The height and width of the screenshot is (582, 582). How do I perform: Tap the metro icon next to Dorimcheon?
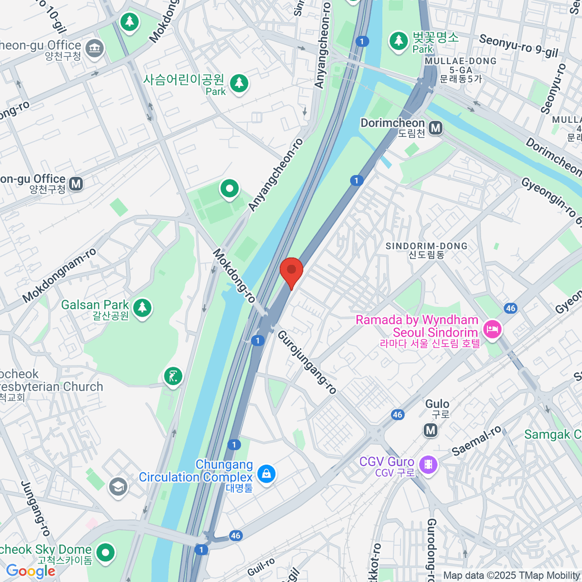(x=436, y=128)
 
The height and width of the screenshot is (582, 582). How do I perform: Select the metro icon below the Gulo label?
(x=430, y=430)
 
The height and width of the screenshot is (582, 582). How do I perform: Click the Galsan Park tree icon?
(x=142, y=307)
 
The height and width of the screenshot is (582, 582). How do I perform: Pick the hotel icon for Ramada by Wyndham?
(x=492, y=330)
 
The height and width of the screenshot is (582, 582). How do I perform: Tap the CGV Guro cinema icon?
(x=428, y=465)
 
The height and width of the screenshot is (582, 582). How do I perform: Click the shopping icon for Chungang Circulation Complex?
(x=266, y=473)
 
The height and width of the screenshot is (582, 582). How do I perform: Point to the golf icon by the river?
(x=173, y=376)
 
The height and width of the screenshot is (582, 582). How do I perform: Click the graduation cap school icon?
(x=118, y=486)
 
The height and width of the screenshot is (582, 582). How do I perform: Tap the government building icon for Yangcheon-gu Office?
(x=94, y=48)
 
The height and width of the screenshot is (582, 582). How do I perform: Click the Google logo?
(x=30, y=571)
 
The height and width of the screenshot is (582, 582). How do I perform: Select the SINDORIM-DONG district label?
(x=426, y=246)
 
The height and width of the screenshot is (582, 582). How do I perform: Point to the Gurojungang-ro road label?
(x=307, y=362)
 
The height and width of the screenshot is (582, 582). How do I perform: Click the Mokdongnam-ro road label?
(x=59, y=275)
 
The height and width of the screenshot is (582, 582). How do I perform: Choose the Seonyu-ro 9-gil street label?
(x=518, y=46)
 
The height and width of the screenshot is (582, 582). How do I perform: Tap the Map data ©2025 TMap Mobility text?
(x=512, y=575)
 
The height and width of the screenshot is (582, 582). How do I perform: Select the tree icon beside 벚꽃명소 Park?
(x=399, y=41)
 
